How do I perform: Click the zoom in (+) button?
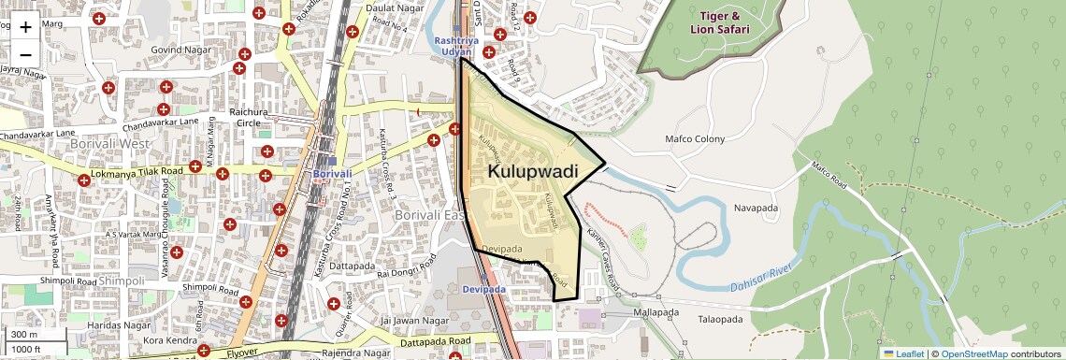pos(25,27)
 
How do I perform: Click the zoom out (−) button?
pos(25,53)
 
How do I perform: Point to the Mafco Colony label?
pos(695,139)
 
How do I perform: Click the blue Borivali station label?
pos(332,174)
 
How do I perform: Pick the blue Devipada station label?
pos(484,290)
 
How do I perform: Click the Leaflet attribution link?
pos(903,353)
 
